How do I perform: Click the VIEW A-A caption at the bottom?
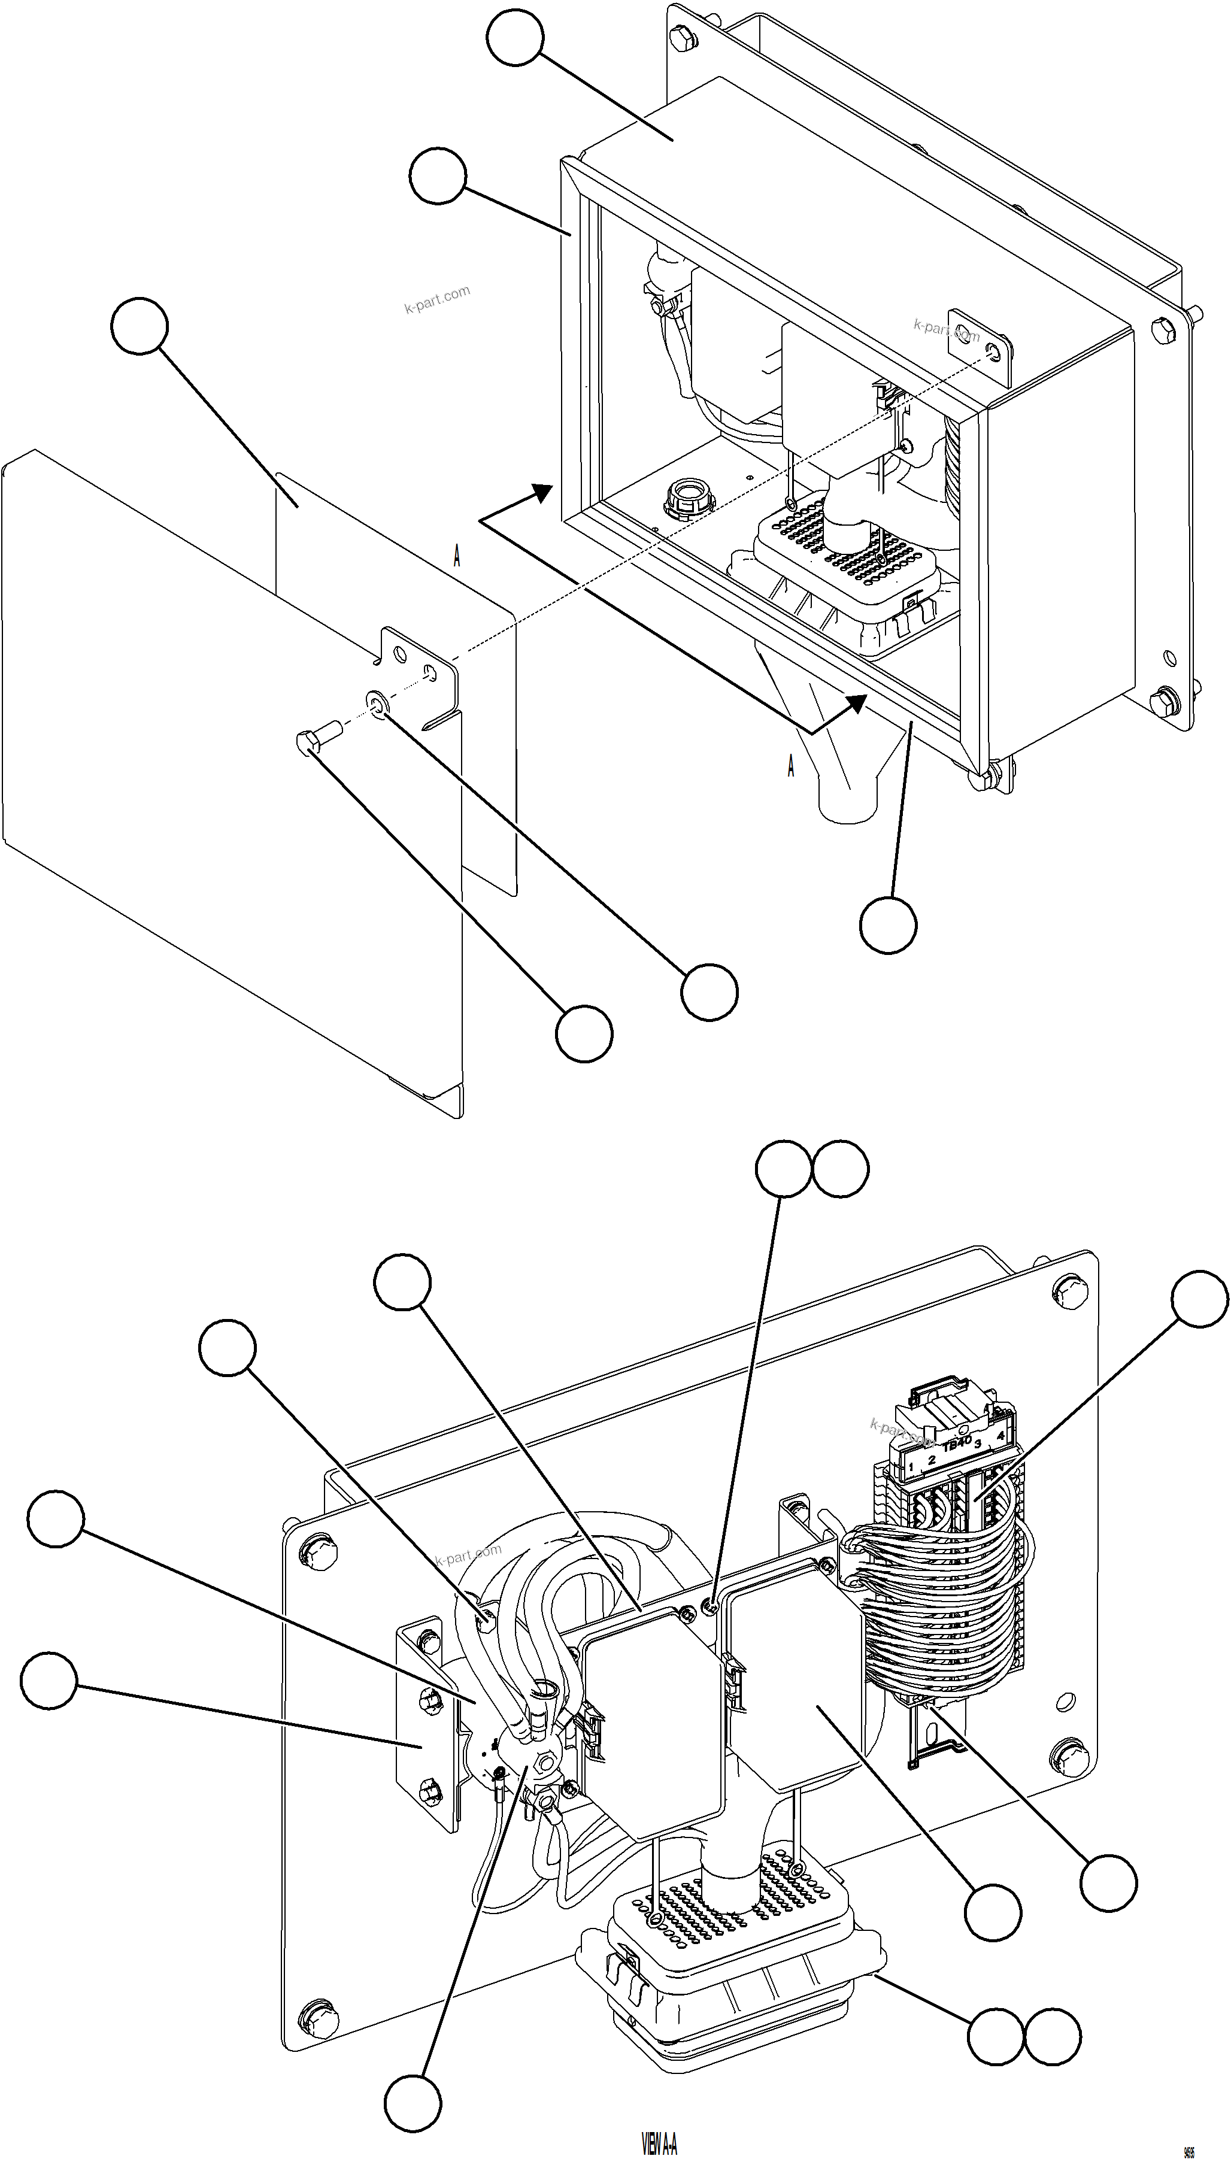click(659, 2138)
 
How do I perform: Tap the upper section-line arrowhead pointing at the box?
click(541, 492)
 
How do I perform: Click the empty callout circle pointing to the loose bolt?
click(583, 1033)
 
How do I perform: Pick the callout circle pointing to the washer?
click(710, 991)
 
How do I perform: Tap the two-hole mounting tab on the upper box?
click(981, 341)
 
